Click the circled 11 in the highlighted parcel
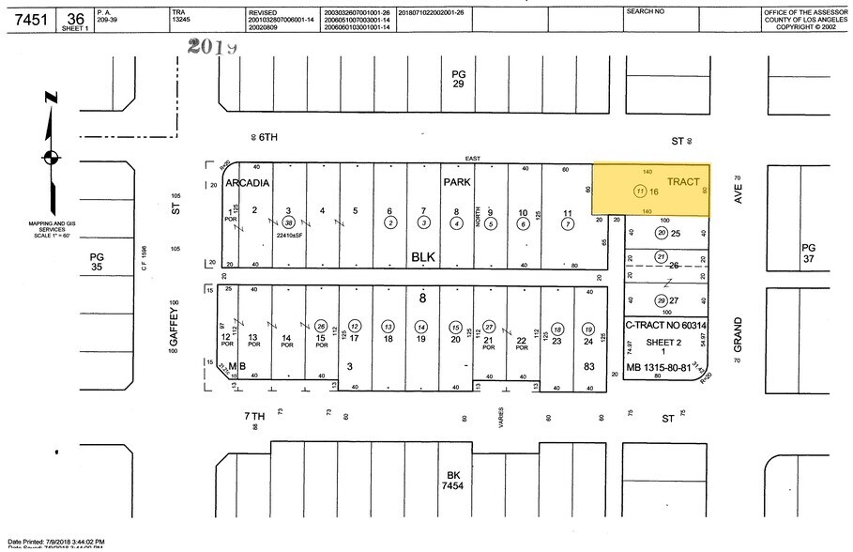pos(639,192)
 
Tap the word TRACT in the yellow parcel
pos(682,180)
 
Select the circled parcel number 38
pos(289,222)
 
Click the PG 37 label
pos(809,253)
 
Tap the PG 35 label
pos(97,261)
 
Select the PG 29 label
pos(458,79)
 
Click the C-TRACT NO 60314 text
pos(666,326)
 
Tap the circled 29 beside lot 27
pos(661,299)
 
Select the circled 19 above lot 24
pos(587,330)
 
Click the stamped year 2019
pos(212,45)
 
